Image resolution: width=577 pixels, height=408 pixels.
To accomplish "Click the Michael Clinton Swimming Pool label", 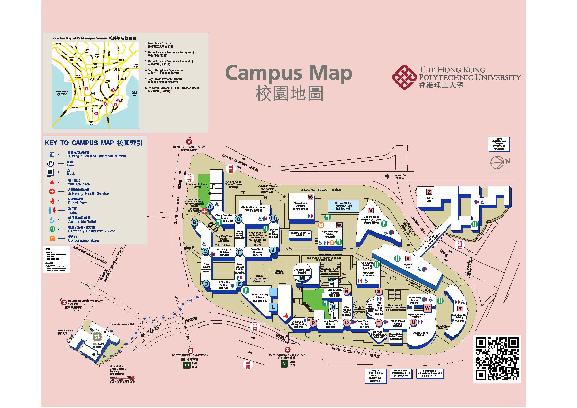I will (x=343, y=206).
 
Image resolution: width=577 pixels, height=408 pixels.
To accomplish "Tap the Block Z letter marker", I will (x=429, y=192).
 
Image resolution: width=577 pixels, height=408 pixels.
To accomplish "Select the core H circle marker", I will (x=273, y=218).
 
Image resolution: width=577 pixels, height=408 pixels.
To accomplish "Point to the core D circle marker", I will (x=206, y=284).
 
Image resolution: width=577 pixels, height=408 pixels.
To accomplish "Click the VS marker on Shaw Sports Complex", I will (x=310, y=197).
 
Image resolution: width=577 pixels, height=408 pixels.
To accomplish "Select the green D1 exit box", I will (x=187, y=365).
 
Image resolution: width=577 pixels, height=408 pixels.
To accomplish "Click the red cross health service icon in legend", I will (x=52, y=192).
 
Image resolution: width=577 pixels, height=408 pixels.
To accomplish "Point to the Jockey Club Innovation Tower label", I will (x=371, y=218).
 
